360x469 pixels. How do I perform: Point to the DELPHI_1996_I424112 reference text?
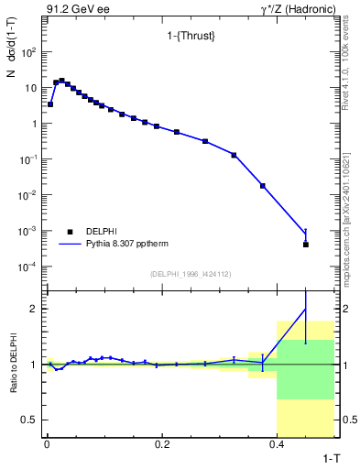[x=189, y=274]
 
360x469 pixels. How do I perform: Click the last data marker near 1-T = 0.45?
[x=305, y=245]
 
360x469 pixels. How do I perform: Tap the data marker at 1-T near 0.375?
[x=263, y=186]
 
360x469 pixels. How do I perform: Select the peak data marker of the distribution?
[x=61, y=81]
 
